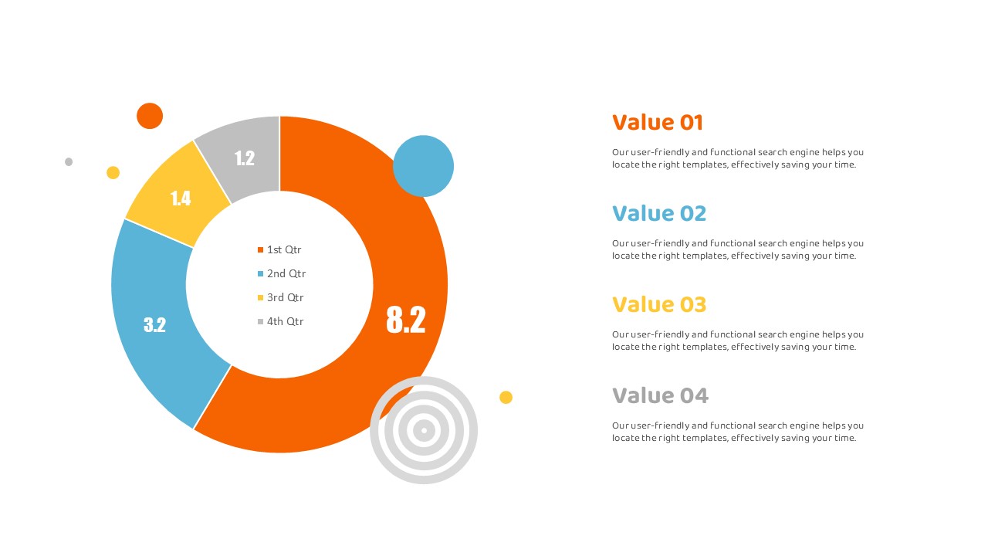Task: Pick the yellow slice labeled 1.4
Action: [178, 196]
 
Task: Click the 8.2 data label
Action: [406, 320]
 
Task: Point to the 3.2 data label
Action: [155, 325]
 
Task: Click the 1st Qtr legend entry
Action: [279, 249]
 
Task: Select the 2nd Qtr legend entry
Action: [282, 273]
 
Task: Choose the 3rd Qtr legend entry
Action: [280, 297]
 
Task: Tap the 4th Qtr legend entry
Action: [280, 321]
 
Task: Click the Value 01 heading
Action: [657, 122]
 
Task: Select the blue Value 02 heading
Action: [659, 213]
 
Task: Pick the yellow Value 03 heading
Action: [659, 304]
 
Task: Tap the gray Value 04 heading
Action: [660, 395]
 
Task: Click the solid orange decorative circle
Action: [150, 116]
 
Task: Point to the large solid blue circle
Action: [423, 166]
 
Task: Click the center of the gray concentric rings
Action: [424, 430]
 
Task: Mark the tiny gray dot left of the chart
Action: [69, 162]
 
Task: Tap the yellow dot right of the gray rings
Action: [506, 397]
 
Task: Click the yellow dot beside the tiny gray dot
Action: [113, 172]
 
